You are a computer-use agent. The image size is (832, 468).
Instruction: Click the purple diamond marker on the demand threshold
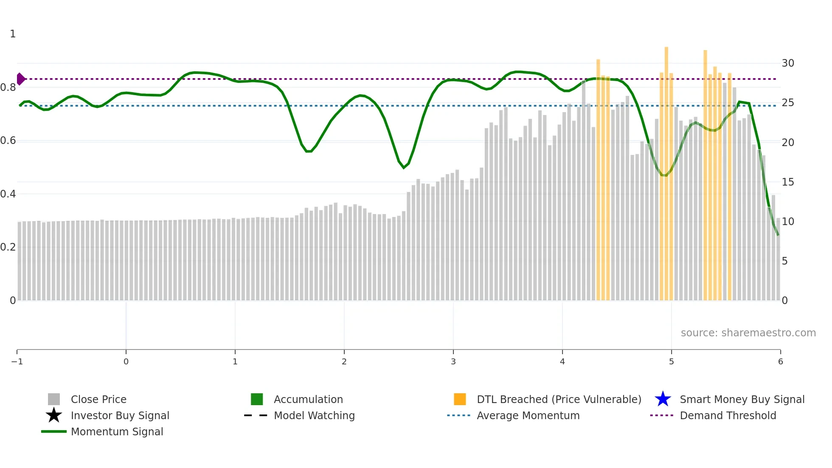point(20,79)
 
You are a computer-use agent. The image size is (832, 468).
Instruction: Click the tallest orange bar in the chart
point(666,170)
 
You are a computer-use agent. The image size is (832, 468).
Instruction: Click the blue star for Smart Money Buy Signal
point(663,399)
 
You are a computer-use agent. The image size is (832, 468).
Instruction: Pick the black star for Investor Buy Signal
point(54,415)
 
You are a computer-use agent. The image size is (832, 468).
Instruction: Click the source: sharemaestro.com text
point(748,333)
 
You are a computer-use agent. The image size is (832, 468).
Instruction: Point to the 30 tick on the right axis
point(788,63)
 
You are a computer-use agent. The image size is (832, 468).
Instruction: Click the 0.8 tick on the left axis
point(8,87)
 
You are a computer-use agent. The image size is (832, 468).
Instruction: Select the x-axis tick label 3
point(453,362)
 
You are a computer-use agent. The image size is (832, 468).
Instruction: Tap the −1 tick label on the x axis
point(17,362)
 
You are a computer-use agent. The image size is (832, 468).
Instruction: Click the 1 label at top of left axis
point(13,34)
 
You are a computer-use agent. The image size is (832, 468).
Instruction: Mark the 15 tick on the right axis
point(788,182)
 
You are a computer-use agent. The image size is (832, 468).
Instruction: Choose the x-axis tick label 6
point(780,362)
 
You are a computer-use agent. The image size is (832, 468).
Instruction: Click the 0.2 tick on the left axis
point(8,247)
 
